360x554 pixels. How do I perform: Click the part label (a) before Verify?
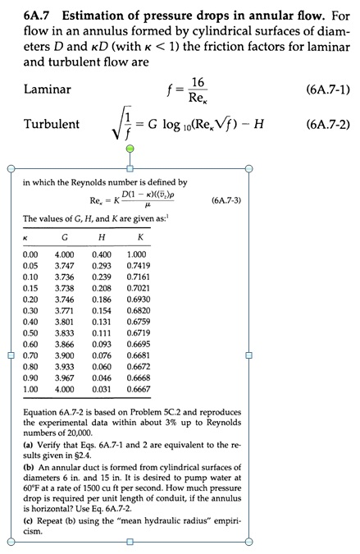[x=27, y=444]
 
